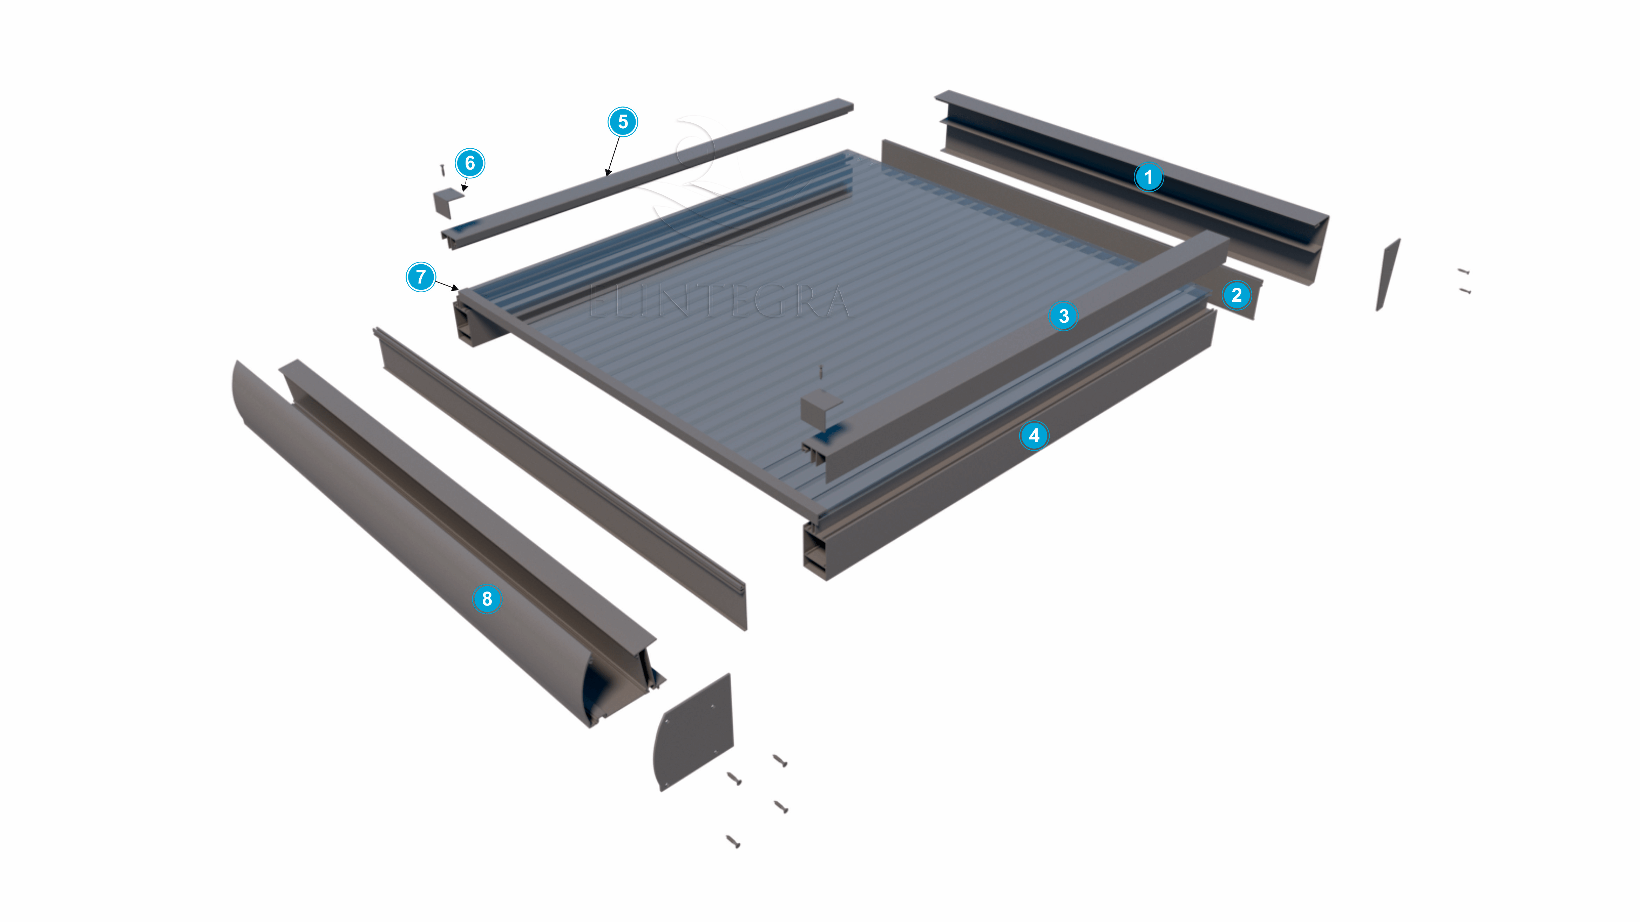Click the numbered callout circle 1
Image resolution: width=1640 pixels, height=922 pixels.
coord(1148,177)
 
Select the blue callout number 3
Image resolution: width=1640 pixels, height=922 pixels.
coord(1063,316)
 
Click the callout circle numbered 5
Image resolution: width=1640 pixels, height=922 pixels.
coord(623,122)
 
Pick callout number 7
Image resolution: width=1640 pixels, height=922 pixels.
coord(421,277)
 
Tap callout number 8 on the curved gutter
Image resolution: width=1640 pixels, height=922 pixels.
coord(487,599)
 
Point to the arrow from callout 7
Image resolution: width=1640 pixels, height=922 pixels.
coord(447,285)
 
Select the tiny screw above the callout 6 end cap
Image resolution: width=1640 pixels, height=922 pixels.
coord(442,170)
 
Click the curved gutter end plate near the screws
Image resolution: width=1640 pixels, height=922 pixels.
coord(695,732)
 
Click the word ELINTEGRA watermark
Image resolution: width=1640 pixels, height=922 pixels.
coord(719,302)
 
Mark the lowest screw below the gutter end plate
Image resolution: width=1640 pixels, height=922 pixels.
coord(733,842)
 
